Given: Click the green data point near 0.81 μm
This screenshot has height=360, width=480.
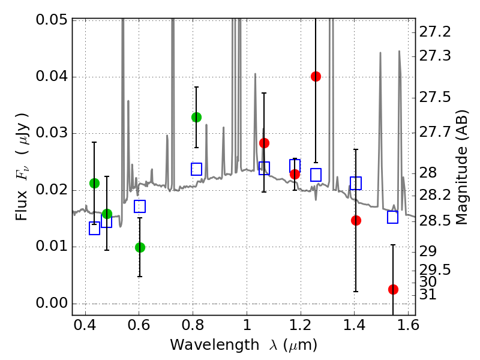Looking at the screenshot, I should point(196,117).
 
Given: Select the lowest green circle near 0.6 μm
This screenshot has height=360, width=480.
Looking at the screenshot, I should point(140,247).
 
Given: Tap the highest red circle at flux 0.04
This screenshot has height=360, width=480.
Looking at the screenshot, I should point(316,76).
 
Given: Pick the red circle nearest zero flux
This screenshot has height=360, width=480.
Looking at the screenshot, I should point(393,289).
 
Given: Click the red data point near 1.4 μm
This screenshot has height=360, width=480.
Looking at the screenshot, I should point(356,220).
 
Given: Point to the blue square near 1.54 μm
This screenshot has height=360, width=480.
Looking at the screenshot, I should point(393,217).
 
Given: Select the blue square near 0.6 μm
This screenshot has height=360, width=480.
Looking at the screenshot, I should point(140,206).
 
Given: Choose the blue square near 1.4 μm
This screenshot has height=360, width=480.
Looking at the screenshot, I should point(356,183).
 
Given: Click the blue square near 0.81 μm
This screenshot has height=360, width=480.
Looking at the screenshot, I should point(196,169).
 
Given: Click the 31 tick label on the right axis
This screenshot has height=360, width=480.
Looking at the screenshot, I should point(428,295).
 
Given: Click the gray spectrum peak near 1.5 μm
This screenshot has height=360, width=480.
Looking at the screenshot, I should point(380,54).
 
